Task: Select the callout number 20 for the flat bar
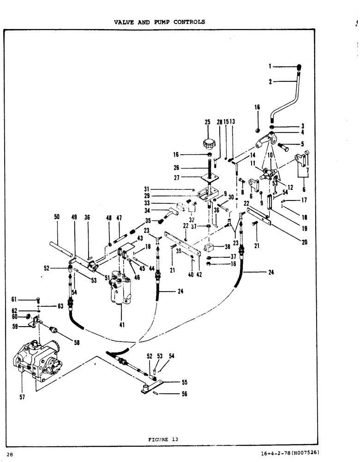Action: (x=304, y=241)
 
